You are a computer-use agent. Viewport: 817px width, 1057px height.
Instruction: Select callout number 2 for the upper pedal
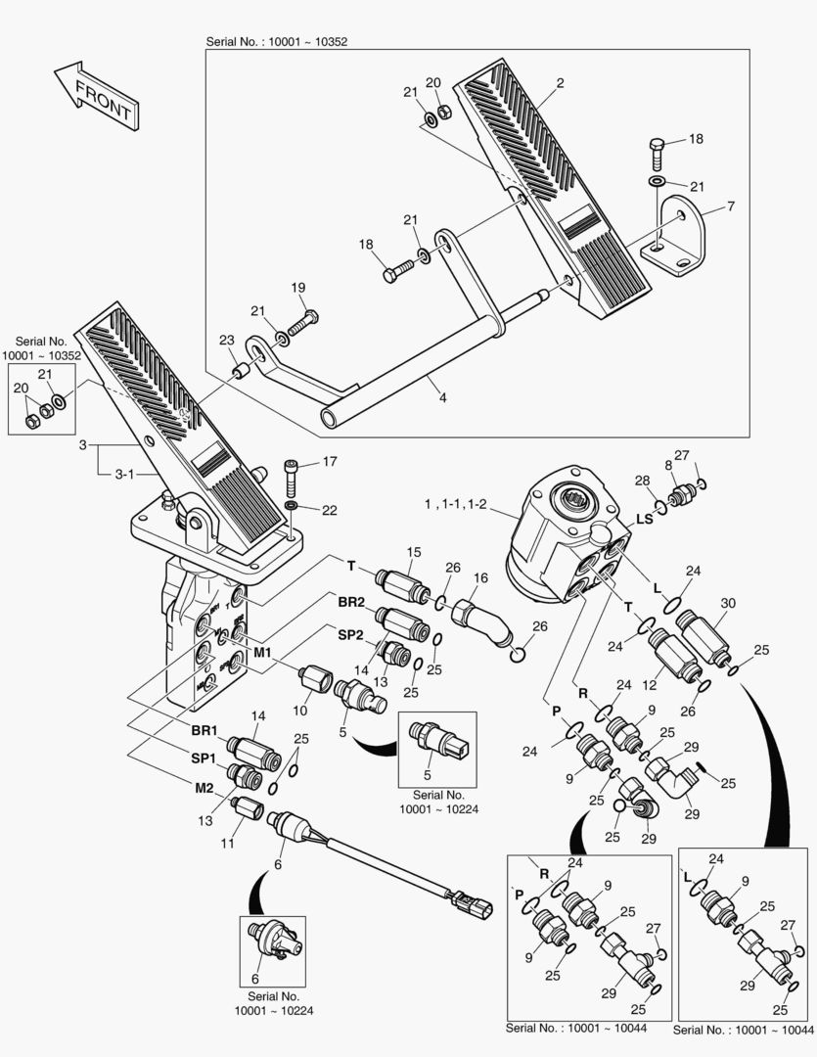tap(560, 83)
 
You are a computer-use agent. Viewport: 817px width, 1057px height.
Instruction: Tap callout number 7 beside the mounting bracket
tap(730, 207)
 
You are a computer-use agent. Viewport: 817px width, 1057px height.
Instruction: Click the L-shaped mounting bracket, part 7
tap(676, 236)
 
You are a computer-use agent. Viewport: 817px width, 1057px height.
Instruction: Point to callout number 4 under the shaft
tap(443, 398)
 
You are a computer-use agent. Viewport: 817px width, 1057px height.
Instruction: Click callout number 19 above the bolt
tap(298, 288)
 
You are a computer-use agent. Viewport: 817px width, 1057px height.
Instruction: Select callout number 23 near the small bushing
tap(227, 341)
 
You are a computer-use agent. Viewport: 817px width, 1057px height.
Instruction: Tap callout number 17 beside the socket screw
tap(330, 462)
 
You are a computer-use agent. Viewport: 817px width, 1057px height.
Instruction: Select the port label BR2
tap(351, 602)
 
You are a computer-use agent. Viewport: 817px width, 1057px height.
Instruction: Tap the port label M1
tap(262, 653)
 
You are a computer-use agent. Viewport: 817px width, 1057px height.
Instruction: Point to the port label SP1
tap(204, 758)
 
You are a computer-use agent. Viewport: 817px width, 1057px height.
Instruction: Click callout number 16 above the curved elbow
tap(480, 578)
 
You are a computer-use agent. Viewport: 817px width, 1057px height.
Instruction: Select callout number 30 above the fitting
tap(727, 604)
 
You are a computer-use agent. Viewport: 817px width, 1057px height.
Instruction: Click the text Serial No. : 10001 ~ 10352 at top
tap(277, 42)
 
